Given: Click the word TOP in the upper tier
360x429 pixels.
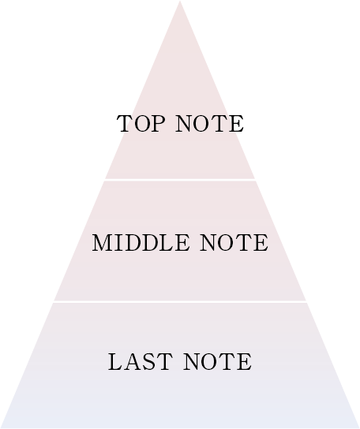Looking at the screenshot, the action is click(141, 124).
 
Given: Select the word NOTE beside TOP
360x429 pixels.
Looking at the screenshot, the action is click(209, 124).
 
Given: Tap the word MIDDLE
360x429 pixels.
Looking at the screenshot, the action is click(141, 243).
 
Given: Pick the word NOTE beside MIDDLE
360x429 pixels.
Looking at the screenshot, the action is click(234, 243).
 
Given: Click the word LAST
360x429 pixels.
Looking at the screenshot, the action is click(141, 362).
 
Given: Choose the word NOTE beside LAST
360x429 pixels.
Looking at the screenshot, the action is click(218, 362).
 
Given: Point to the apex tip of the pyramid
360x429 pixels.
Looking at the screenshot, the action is click(180, 1).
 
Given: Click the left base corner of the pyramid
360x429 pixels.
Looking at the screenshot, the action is click(1, 427).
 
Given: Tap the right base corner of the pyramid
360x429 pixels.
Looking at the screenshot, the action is click(359, 427).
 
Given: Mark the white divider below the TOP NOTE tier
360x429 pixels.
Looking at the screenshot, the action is click(180, 180).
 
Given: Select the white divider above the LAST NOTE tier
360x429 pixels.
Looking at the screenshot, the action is click(180, 301).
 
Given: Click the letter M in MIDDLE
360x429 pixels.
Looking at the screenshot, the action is click(103, 243).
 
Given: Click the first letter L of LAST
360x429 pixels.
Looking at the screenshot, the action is click(115, 362).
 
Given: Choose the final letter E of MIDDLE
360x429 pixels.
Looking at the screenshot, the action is click(182, 243).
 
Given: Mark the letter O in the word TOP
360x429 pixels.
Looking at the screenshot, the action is click(141, 124).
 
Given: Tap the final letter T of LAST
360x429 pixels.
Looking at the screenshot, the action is click(164, 362).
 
